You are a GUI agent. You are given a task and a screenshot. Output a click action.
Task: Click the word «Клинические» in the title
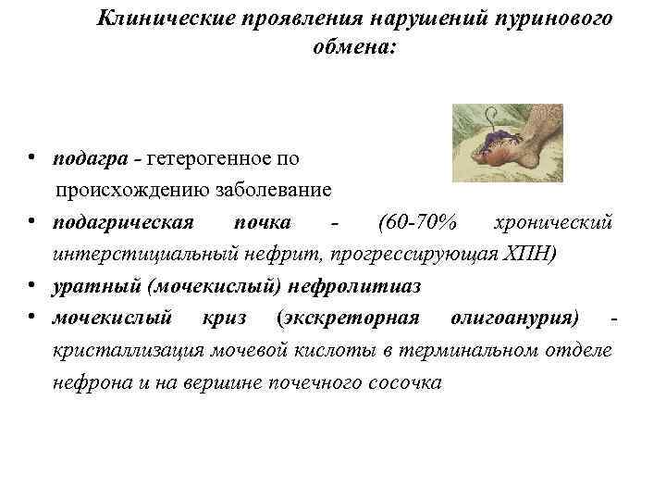(x=157, y=19)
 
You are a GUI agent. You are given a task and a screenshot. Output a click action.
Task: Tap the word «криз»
(x=223, y=319)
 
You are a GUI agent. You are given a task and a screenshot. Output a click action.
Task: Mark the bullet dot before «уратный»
(x=32, y=285)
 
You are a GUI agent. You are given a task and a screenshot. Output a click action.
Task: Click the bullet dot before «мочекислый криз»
(x=32, y=318)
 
